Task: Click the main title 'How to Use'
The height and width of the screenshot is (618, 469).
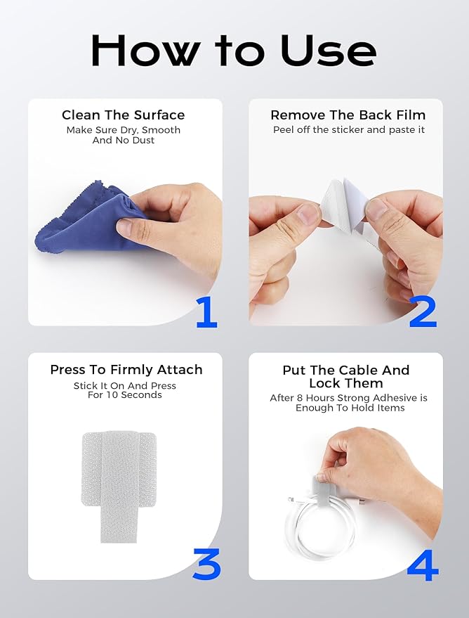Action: [x=234, y=51]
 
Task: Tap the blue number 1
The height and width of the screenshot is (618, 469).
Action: [x=206, y=313]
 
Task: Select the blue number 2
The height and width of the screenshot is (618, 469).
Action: [x=423, y=313]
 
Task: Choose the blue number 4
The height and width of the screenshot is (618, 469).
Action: [x=423, y=565]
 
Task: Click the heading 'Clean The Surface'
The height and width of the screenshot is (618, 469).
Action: [x=124, y=115]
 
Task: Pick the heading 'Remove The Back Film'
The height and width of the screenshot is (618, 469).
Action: [x=348, y=115]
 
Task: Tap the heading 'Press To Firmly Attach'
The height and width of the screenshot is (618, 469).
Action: [x=126, y=369]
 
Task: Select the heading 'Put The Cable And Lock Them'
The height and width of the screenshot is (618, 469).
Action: [x=346, y=377]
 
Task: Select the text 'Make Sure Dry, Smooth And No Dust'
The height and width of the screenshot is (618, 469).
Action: [x=124, y=135]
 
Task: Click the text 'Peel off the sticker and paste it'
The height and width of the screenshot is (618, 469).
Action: [x=349, y=130]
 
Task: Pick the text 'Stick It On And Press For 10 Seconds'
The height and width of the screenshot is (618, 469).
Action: [x=125, y=390]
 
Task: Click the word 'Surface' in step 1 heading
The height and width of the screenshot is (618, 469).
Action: [x=159, y=115]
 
